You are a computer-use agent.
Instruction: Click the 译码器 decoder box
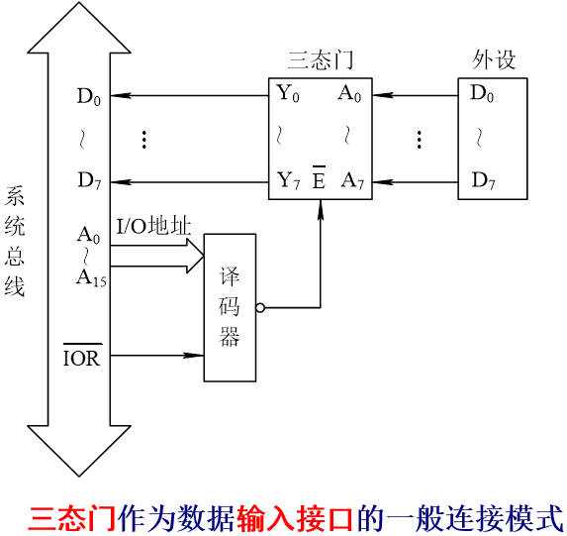[230, 308]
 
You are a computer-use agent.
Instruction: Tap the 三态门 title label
[320, 59]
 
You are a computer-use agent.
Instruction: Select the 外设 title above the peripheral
[494, 59]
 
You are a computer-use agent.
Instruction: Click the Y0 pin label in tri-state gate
[288, 95]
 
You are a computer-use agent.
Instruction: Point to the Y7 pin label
[288, 180]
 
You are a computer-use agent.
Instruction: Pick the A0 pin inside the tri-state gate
[349, 95]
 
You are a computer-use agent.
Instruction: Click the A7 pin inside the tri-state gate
[351, 180]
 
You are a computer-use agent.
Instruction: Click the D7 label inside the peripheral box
[483, 180]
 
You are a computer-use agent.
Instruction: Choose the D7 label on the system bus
[89, 180]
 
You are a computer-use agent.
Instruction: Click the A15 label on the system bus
[91, 278]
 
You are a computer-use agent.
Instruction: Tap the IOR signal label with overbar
[82, 358]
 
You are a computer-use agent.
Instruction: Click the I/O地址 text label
[153, 228]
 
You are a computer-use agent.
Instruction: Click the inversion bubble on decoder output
[260, 308]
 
